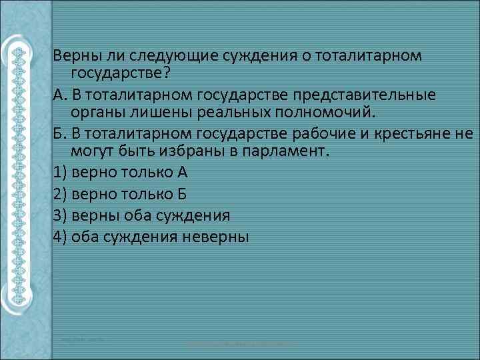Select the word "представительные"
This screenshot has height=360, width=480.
pos(371,93)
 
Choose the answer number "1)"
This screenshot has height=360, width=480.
pos(59,172)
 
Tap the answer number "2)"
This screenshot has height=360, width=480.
pos(59,193)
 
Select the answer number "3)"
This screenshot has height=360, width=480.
pos(59,215)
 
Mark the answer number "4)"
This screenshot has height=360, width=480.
pos(59,236)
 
